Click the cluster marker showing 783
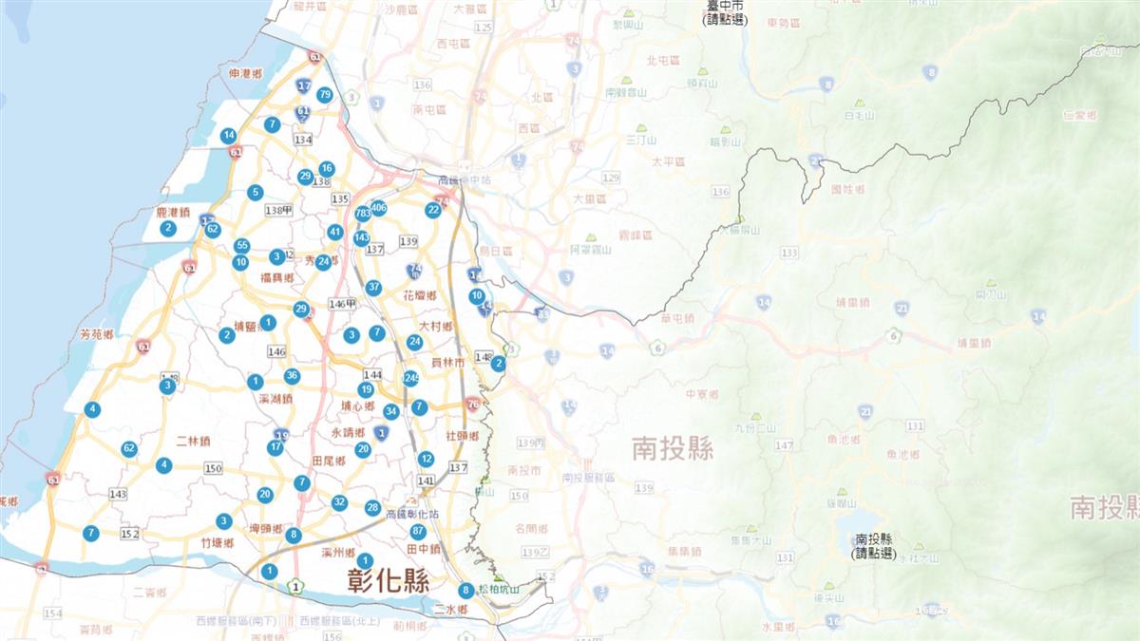362,214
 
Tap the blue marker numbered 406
378,208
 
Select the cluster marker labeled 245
410,378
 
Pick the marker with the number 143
361,237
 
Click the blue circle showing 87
418,531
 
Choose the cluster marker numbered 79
325,94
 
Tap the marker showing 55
242,245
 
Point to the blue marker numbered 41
335,232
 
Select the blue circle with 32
339,502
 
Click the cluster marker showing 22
433,210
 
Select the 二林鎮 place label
195,441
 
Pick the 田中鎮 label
423,549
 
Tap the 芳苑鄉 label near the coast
97,335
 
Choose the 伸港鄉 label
245,73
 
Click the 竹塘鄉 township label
218,542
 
